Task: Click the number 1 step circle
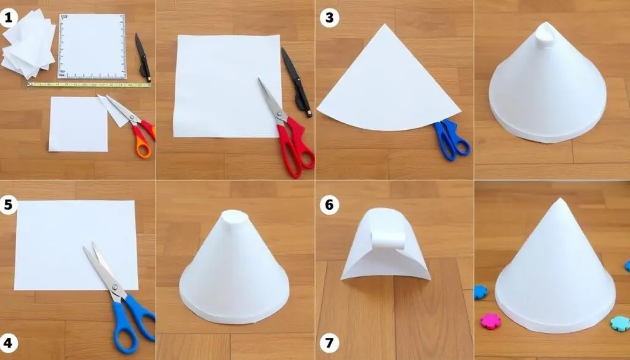(9, 18)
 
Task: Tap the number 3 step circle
(330, 18)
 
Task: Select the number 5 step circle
(8, 205)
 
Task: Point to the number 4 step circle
(8, 343)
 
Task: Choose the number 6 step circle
(330, 205)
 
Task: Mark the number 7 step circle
(330, 343)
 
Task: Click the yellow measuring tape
(89, 84)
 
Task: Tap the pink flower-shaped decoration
(491, 321)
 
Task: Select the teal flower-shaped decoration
(620, 324)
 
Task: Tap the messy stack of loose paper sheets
(28, 44)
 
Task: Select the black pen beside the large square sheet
(297, 82)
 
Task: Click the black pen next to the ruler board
(143, 57)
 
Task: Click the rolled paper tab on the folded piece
(388, 240)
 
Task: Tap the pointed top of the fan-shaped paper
(385, 25)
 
